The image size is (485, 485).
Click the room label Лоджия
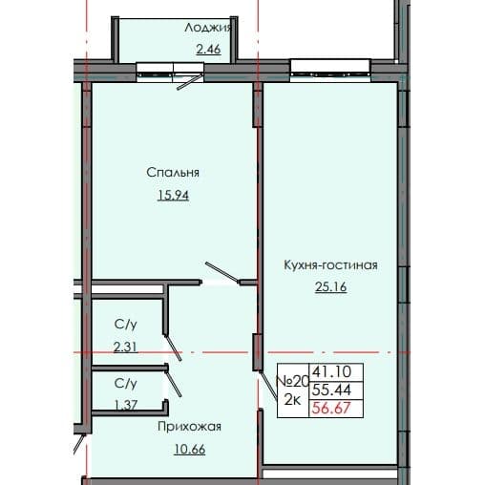tap(209, 28)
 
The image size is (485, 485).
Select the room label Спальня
tap(173, 173)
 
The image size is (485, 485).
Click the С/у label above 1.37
tap(125, 383)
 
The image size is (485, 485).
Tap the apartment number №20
tap(289, 379)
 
